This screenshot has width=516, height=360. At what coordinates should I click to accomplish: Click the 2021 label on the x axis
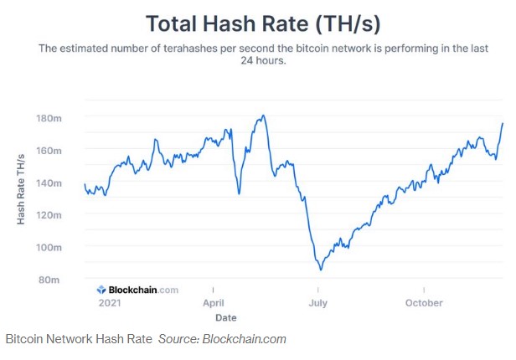pyautogui.click(x=110, y=303)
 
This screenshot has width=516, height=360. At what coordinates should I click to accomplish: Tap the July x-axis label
pyautogui.click(x=317, y=303)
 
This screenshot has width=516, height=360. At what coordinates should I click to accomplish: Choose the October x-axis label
pyautogui.click(x=424, y=303)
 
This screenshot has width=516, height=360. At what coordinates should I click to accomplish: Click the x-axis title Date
pyautogui.click(x=225, y=318)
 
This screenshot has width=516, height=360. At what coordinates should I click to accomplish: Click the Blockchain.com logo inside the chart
pyautogui.click(x=137, y=290)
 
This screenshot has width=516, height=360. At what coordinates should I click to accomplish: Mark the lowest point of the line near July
pyautogui.click(x=320, y=270)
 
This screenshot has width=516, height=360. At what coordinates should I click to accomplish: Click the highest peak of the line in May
pyautogui.click(x=264, y=116)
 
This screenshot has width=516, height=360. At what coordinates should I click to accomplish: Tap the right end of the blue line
pyautogui.click(x=503, y=123)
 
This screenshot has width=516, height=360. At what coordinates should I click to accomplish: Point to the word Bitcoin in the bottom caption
pyautogui.click(x=24, y=339)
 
